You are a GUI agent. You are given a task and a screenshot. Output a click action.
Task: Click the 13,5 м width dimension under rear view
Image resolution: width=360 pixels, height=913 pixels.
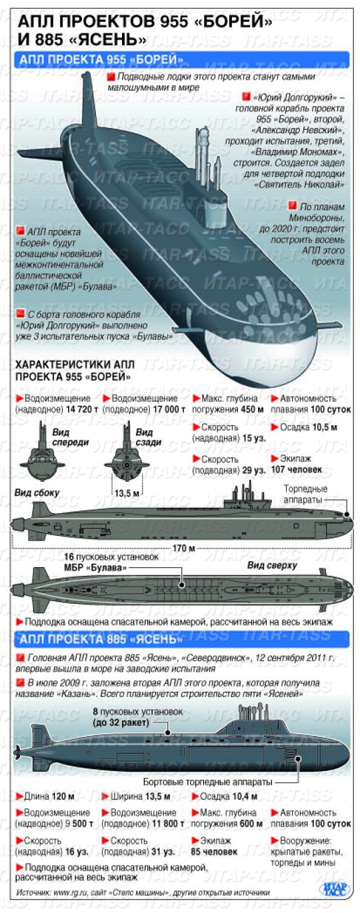[x=127, y=493]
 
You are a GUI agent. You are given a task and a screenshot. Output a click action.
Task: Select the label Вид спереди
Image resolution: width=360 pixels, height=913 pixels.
[x=70, y=437]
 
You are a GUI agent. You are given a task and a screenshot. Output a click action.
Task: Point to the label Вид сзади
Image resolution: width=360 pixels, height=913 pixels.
[x=149, y=437]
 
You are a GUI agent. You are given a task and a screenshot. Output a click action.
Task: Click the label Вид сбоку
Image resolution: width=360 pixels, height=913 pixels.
[x=37, y=492]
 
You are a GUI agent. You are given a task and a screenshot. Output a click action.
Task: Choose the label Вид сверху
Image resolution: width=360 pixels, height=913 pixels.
[x=273, y=565]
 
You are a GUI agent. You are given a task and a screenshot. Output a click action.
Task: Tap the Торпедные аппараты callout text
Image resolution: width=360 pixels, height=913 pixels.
[x=305, y=494]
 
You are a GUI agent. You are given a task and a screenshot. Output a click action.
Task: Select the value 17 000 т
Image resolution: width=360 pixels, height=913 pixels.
[x=169, y=409]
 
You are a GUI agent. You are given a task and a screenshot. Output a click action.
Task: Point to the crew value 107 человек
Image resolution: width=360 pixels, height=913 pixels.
[x=297, y=470]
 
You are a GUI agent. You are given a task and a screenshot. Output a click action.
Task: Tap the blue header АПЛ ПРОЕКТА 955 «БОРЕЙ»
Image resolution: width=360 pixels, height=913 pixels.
[x=101, y=59]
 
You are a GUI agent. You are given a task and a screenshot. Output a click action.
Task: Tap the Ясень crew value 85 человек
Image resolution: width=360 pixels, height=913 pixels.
[x=214, y=852]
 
